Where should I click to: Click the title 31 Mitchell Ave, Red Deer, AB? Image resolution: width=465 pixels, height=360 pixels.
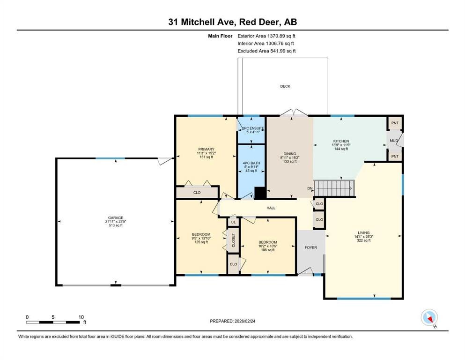(x=232, y=22)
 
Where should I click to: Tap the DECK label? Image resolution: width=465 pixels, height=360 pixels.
(x=285, y=86)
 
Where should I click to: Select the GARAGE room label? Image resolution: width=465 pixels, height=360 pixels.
(x=115, y=217)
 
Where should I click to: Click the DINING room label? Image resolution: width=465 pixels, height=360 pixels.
(x=289, y=153)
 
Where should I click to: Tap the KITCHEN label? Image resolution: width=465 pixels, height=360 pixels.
(x=341, y=141)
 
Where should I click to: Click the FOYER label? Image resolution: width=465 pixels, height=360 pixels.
(x=310, y=247)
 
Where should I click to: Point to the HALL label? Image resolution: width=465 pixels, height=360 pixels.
(x=271, y=208)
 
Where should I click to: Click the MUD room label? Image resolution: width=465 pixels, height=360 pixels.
(x=394, y=140)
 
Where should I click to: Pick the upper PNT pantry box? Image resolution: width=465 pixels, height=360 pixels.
(x=395, y=123)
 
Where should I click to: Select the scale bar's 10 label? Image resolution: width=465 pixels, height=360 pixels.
(x=81, y=317)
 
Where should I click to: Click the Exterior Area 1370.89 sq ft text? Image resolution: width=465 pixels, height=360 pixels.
(x=266, y=36)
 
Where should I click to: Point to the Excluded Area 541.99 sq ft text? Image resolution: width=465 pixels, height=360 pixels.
(x=266, y=51)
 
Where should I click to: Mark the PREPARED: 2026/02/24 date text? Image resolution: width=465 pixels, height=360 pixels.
(x=232, y=321)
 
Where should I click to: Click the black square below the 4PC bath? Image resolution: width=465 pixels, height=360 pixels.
(x=260, y=193)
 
